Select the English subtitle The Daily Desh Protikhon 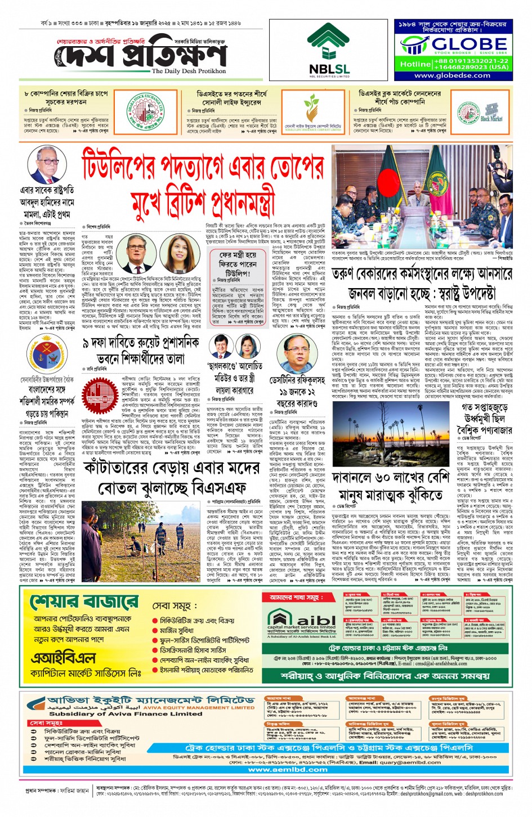tap(189, 71)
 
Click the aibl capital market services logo tap(301, 620)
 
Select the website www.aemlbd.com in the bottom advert tap(288, 770)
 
